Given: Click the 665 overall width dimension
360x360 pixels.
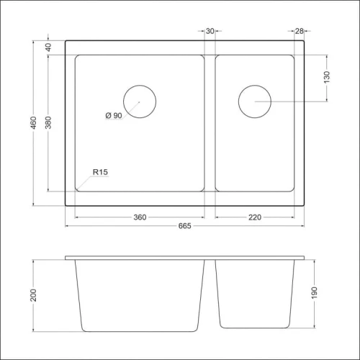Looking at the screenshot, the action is click(x=184, y=226).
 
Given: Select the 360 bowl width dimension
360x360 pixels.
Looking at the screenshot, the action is click(x=140, y=217).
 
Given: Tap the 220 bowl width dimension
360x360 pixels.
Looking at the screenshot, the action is click(x=255, y=217).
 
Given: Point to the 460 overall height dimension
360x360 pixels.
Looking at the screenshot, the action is click(x=34, y=122).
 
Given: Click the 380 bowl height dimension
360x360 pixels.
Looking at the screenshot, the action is click(x=48, y=122).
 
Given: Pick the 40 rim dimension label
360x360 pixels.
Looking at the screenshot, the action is click(x=48, y=48).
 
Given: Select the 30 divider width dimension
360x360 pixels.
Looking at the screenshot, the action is click(x=210, y=31).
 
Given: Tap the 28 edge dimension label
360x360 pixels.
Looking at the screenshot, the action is click(x=299, y=31).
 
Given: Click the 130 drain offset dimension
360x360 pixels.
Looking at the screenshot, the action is click(x=327, y=77).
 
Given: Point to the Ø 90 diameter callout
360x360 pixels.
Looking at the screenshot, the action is click(x=114, y=115).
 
